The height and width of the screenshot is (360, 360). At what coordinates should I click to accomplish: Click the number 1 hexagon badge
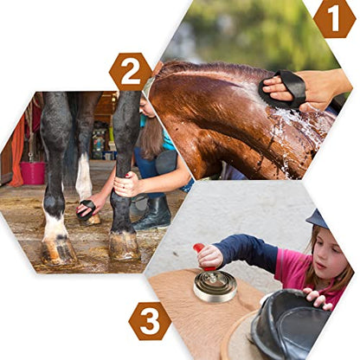click(335, 19)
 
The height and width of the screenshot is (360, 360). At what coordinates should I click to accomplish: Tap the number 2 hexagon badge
click(131, 72)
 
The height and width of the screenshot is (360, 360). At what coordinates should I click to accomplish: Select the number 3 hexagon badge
click(150, 321)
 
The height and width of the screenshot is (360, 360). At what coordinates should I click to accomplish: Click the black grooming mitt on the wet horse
click(283, 89)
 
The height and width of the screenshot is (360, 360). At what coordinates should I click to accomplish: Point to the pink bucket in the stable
click(33, 172)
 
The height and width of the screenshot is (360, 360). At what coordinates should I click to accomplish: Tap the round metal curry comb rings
click(215, 286)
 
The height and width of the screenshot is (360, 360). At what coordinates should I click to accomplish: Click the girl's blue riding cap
click(317, 219)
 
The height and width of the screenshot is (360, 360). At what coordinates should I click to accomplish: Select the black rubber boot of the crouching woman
click(153, 214)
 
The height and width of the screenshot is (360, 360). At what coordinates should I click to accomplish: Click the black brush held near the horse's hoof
click(87, 209)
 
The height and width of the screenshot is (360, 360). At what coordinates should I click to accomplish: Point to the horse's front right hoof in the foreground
click(125, 246)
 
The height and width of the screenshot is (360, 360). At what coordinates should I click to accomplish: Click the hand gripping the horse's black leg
click(127, 184)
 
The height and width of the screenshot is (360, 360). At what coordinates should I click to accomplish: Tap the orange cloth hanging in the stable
click(17, 150)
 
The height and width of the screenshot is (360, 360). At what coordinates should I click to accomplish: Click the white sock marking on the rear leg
click(84, 177)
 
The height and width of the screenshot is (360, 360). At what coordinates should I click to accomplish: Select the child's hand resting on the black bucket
click(318, 298)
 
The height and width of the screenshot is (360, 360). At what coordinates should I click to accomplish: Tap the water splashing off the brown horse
click(297, 128)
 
